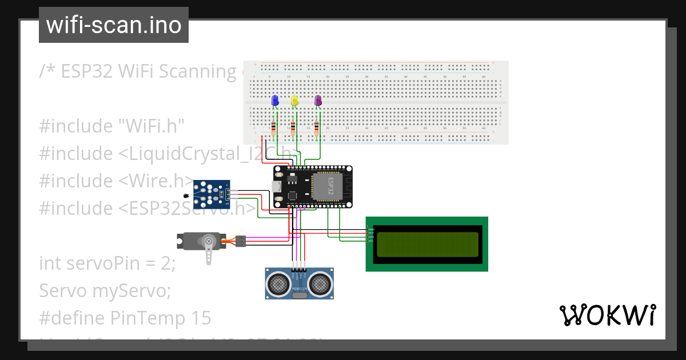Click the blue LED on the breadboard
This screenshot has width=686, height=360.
[x=274, y=101]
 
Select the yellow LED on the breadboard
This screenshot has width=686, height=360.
[x=294, y=101]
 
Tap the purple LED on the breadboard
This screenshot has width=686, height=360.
[x=318, y=101]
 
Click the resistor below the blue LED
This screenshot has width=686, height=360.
[x=274, y=128]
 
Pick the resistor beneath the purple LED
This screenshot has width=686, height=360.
[x=317, y=128]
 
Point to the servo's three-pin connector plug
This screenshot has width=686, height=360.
[x=241, y=241]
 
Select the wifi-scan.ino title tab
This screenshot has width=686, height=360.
[x=113, y=25]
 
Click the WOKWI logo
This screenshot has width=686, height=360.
[x=607, y=315]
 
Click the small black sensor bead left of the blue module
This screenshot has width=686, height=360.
[x=186, y=196]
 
